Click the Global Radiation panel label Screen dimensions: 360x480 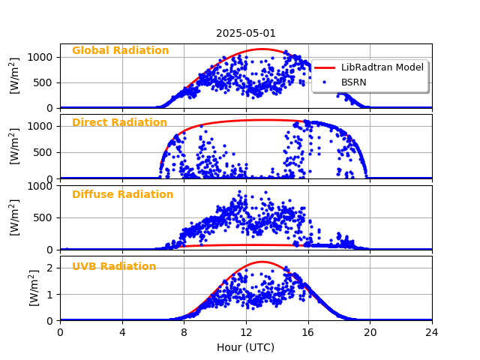point(120,51)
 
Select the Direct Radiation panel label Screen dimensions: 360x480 point(119,123)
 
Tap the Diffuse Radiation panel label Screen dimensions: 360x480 point(122,195)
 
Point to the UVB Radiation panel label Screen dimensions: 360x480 point(114,267)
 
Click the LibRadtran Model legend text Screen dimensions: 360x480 point(382,67)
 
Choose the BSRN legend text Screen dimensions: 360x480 point(354,82)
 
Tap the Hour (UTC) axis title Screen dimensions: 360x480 point(246,347)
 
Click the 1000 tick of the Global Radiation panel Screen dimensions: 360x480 point(40,57)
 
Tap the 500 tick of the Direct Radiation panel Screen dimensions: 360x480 point(44,152)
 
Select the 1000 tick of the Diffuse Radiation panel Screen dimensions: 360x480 point(40,186)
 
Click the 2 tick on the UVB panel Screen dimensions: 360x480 point(51,268)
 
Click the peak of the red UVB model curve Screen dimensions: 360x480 point(262,262)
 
